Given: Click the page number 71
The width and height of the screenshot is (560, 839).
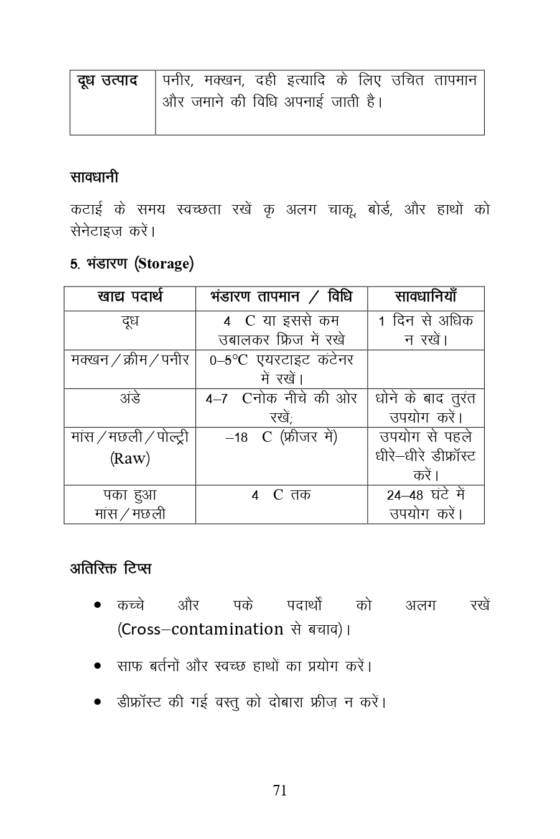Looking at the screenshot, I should click(280, 791).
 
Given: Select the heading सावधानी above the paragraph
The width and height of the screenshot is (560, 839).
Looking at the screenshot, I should click(94, 178).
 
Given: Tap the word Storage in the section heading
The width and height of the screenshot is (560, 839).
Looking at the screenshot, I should click(164, 264).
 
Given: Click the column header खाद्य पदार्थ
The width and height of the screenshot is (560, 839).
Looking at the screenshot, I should click(129, 297).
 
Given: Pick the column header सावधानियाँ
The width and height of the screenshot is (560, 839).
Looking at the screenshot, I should click(426, 297).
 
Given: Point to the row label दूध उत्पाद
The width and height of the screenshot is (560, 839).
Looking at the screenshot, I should click(108, 81).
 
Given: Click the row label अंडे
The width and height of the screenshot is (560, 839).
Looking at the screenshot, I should click(129, 398).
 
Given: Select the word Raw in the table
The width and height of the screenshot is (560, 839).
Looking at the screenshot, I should click(130, 459).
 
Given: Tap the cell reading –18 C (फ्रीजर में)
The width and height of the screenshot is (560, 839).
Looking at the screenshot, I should click(281, 438).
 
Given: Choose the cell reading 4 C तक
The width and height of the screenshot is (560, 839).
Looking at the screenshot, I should click(281, 495).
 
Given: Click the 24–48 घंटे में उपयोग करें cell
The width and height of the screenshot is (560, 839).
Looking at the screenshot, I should click(426, 504).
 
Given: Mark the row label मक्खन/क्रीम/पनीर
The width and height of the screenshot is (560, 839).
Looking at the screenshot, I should click(129, 360).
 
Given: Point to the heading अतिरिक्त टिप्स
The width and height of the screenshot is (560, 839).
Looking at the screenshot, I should click(110, 569).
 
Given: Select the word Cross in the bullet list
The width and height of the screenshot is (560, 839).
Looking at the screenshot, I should click(141, 630).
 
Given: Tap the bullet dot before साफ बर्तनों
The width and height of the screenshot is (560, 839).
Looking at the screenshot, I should click(98, 666).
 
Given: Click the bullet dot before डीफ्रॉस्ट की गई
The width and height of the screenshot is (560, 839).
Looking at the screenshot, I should click(98, 703).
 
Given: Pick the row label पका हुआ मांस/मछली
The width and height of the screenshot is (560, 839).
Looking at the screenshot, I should click(129, 504).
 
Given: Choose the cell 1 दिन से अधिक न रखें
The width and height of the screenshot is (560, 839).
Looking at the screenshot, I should click(426, 330).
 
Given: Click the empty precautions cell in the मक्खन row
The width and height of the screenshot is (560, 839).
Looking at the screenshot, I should click(426, 369).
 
